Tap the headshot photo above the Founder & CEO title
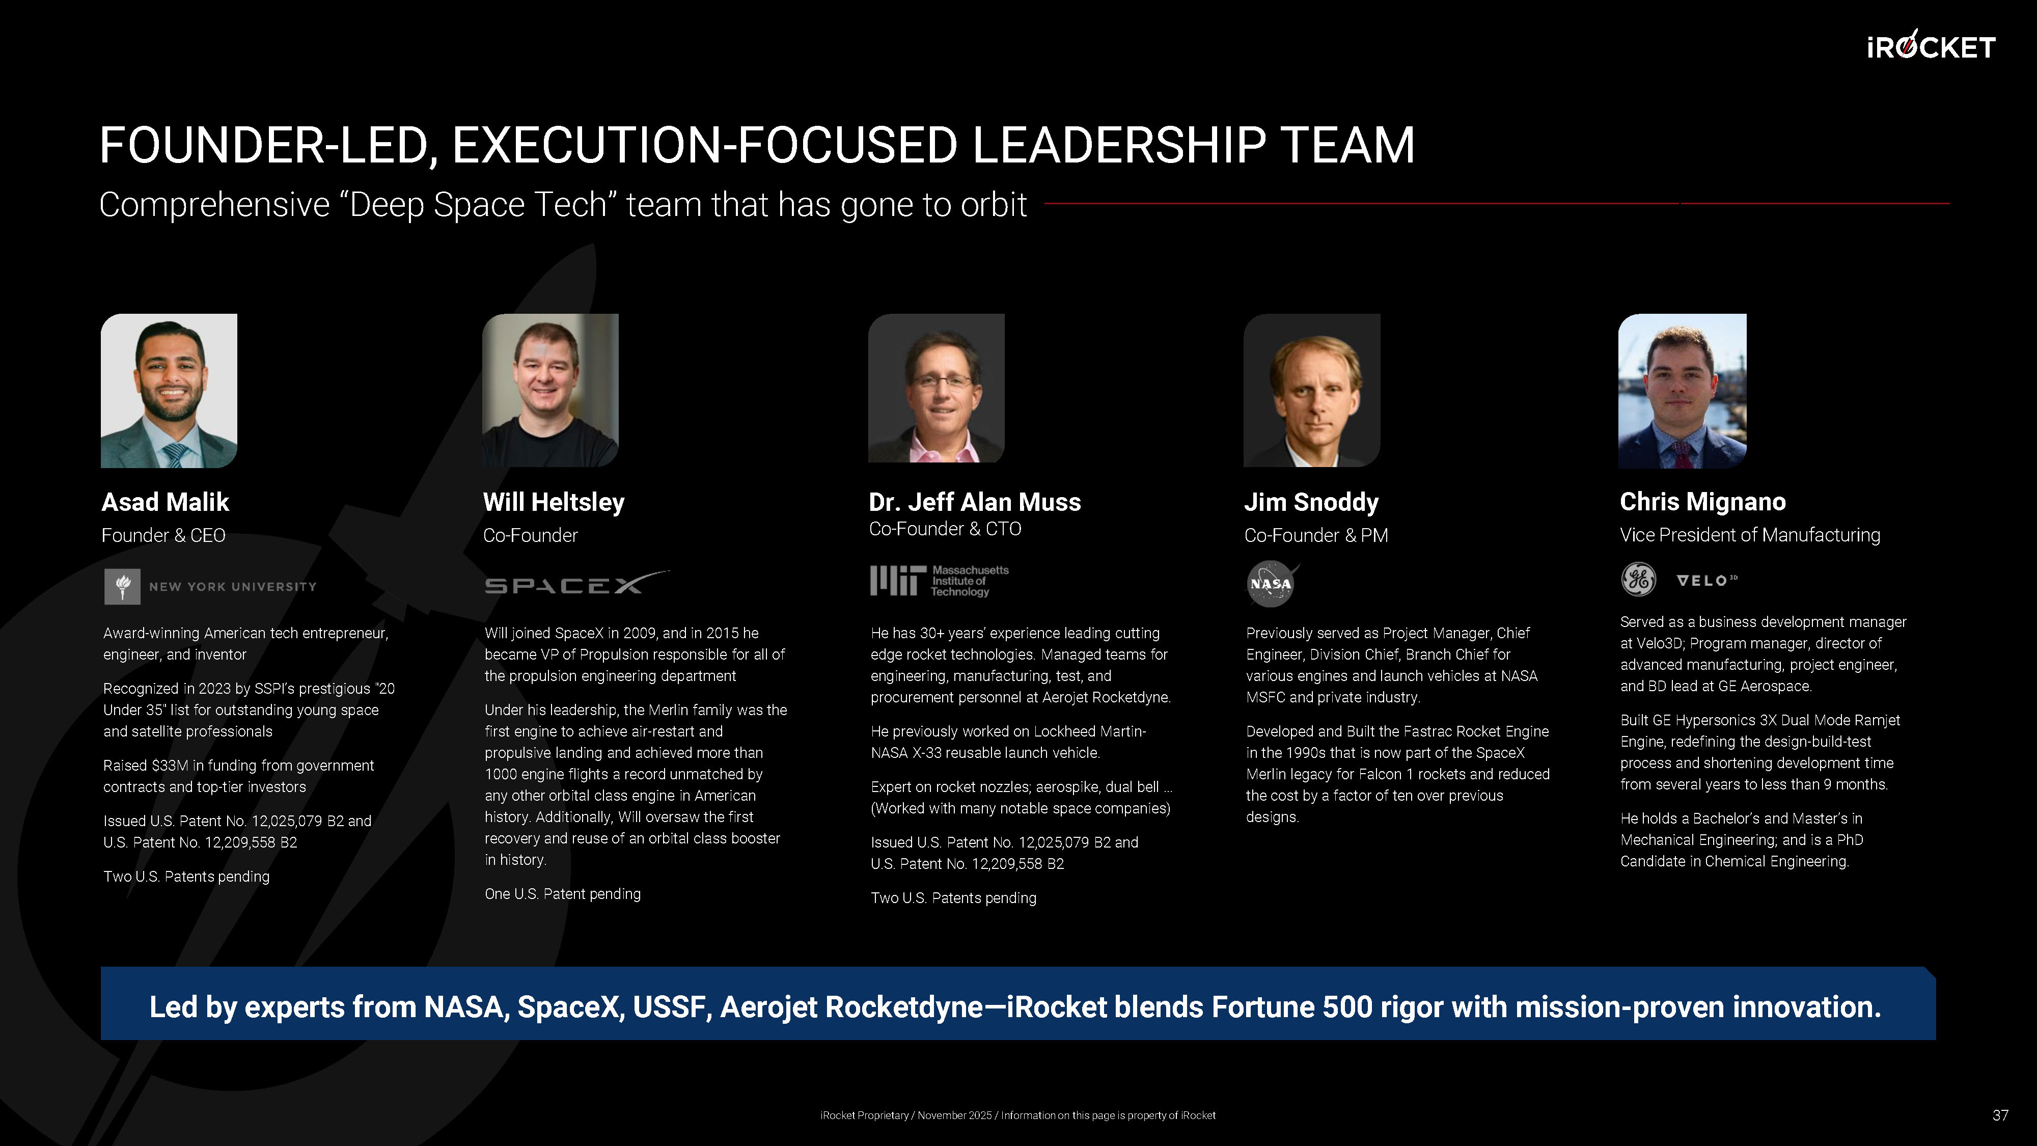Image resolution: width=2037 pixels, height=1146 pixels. pos(169,391)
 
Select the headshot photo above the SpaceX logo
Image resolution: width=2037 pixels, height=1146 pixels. pos(550,391)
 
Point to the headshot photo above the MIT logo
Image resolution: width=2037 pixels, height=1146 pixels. pos(937,388)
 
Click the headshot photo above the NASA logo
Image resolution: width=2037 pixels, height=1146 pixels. pos(1312,391)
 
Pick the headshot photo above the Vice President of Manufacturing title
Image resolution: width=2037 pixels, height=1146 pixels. pos(1683,391)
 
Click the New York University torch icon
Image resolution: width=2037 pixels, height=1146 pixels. pos(123,587)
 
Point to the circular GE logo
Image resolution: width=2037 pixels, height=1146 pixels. pos(1638,580)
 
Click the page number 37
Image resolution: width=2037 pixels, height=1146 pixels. pos(2000,1115)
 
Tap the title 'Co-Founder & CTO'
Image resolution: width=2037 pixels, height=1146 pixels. pos(945,529)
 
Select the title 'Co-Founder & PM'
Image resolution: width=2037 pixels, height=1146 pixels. pos(1316,535)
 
